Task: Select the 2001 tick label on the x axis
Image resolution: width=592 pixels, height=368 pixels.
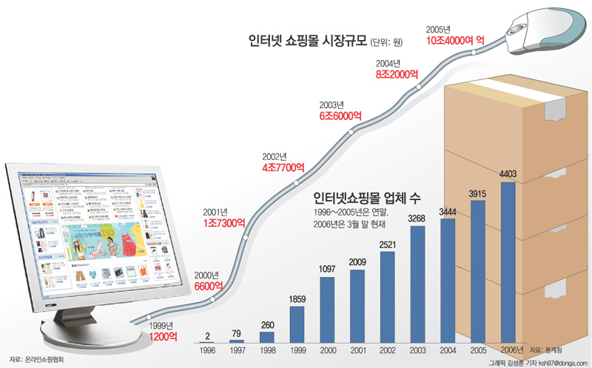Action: pyautogui.click(x=357, y=349)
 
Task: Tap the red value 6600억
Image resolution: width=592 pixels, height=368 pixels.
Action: pyautogui.click(x=208, y=285)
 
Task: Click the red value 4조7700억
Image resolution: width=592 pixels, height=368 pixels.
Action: pyautogui.click(x=283, y=167)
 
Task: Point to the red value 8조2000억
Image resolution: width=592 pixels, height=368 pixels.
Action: pyautogui.click(x=397, y=74)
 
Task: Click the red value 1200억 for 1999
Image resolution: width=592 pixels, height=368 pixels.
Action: pyautogui.click(x=163, y=336)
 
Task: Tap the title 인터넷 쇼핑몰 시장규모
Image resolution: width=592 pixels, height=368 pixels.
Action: pyautogui.click(x=307, y=39)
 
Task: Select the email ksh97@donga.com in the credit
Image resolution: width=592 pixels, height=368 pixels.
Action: pyautogui.click(x=562, y=362)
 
